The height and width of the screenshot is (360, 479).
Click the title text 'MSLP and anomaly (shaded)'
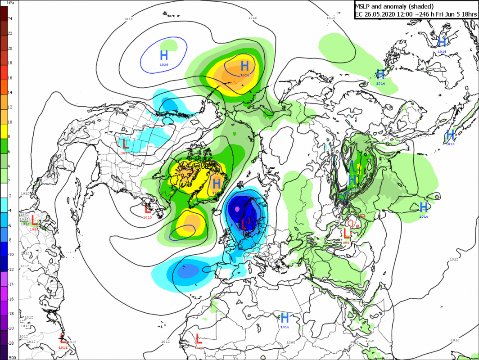point(394,6)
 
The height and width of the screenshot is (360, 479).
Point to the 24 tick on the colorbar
point(10,19)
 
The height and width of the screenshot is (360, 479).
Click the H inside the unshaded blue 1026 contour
point(164,55)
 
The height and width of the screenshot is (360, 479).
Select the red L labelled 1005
point(125,144)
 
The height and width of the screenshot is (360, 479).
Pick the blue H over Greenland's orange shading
point(217,183)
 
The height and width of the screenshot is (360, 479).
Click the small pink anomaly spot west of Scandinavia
point(237,209)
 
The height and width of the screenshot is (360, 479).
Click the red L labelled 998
point(346,234)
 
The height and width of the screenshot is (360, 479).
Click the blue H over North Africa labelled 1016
point(285,317)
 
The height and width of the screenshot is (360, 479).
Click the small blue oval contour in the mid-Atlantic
point(182,231)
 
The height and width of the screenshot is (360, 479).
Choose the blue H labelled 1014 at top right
point(442,42)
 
